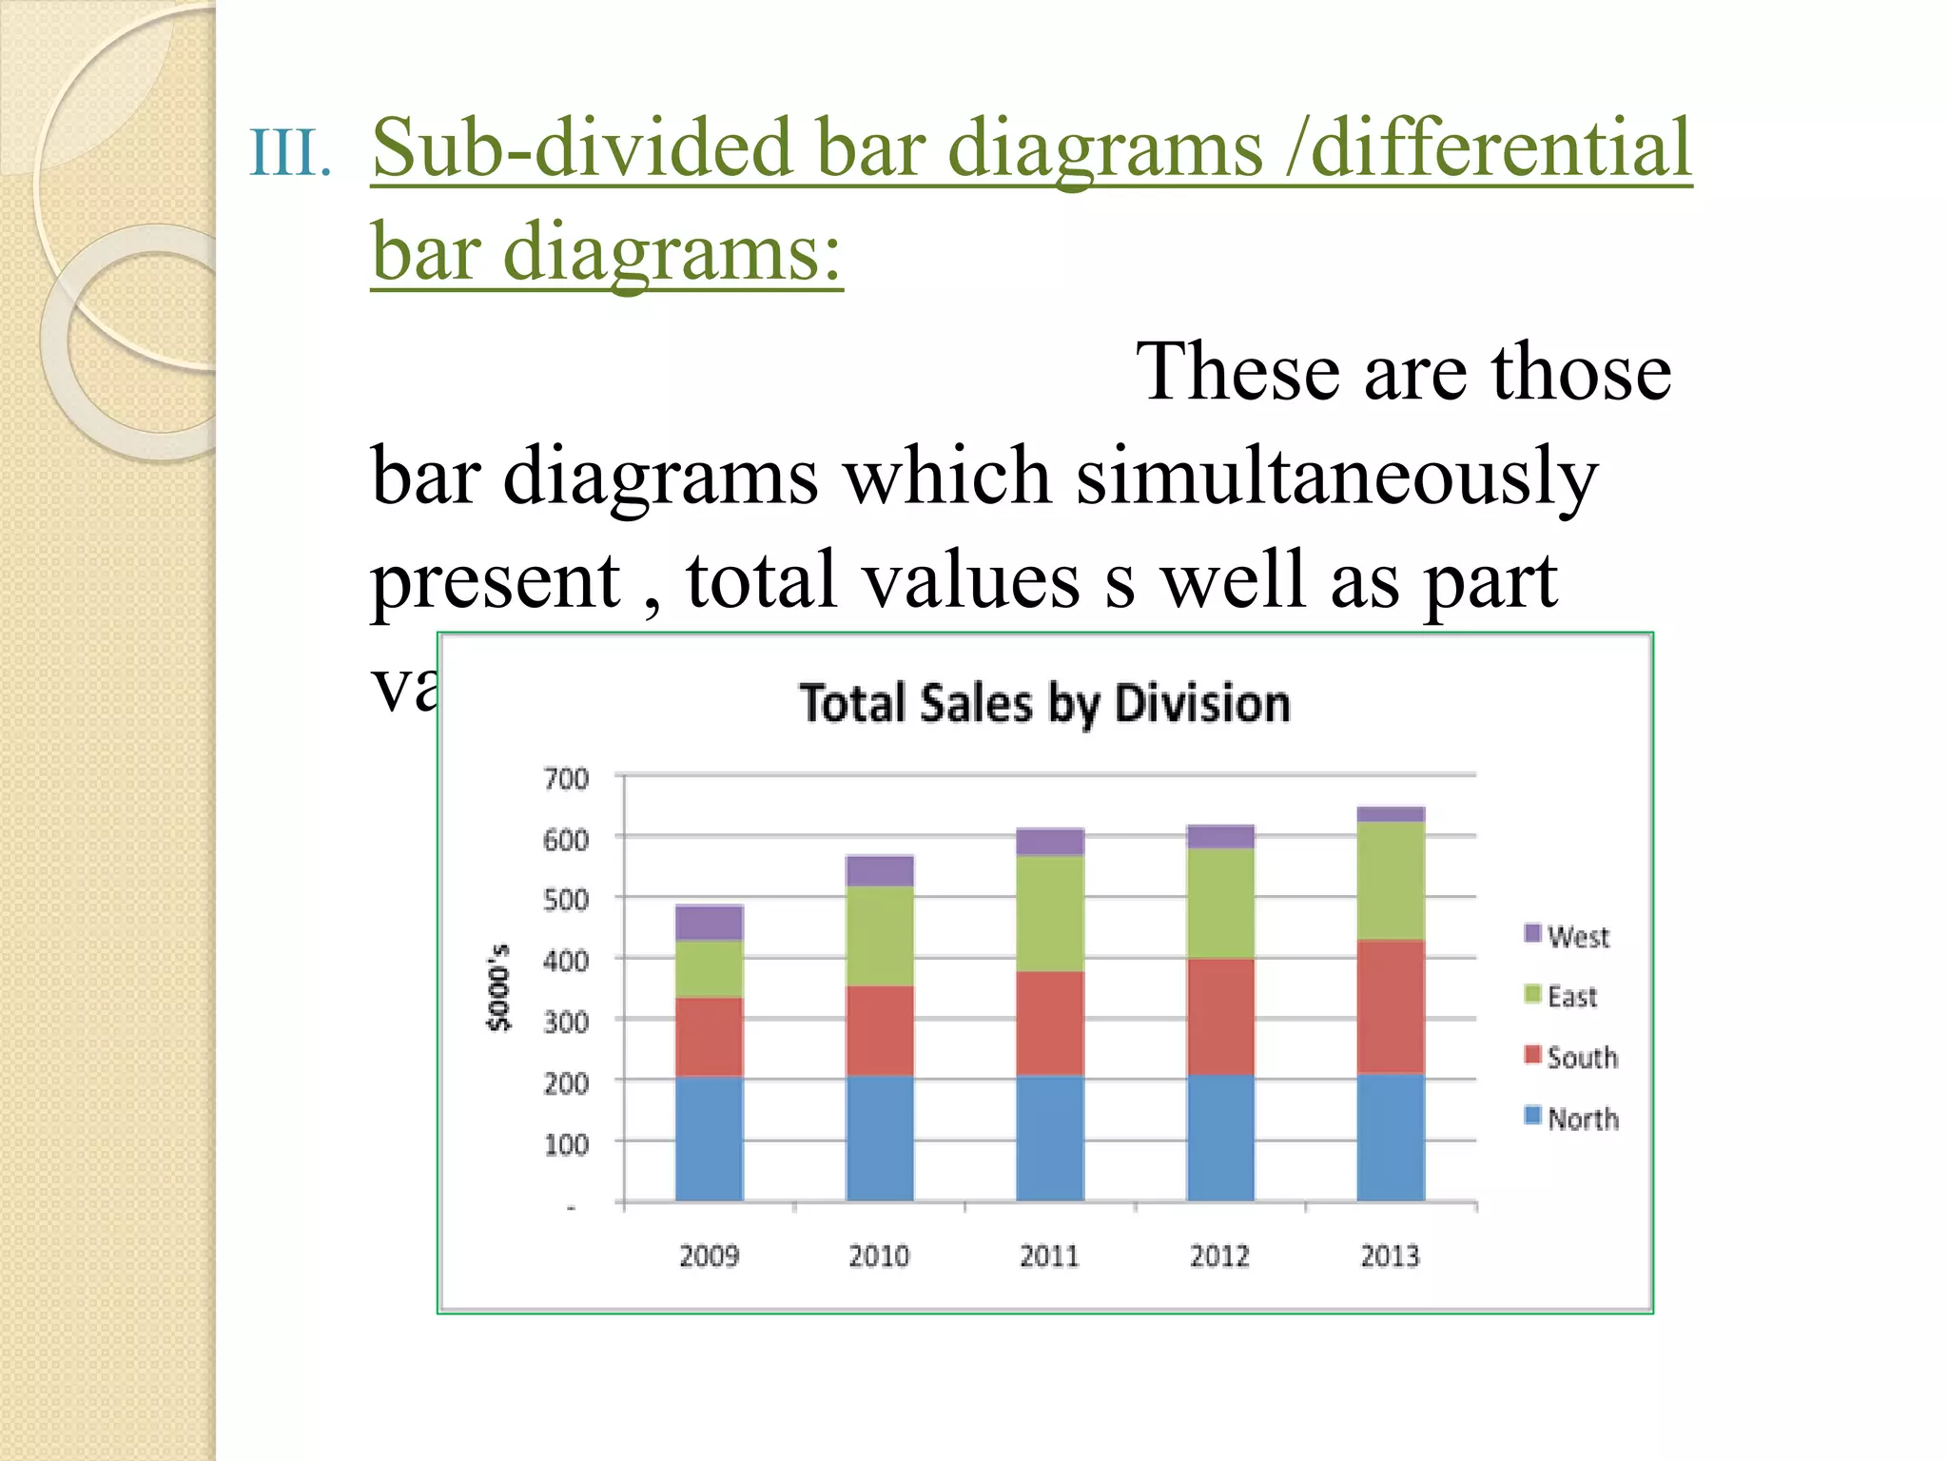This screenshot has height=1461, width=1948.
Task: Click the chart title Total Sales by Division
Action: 1044,704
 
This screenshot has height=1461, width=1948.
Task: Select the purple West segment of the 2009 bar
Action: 709,922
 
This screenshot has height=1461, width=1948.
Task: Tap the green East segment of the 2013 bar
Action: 1391,880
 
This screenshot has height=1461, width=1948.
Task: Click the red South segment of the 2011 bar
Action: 1050,1023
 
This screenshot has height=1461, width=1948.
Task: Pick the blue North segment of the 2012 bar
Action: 1220,1138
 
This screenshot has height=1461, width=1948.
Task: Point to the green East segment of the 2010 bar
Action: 880,935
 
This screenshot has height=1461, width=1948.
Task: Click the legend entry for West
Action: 1568,936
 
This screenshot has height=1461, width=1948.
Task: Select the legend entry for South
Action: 1571,1057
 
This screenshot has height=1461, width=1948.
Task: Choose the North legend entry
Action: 1571,1118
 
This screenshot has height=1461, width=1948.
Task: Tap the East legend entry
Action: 1562,996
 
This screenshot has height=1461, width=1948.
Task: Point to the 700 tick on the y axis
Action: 566,779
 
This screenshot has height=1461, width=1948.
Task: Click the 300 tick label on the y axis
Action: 566,1023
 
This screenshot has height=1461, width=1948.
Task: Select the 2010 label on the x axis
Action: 879,1256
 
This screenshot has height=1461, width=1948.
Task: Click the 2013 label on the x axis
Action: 1390,1256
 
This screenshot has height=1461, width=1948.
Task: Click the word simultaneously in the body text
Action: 1336,476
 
